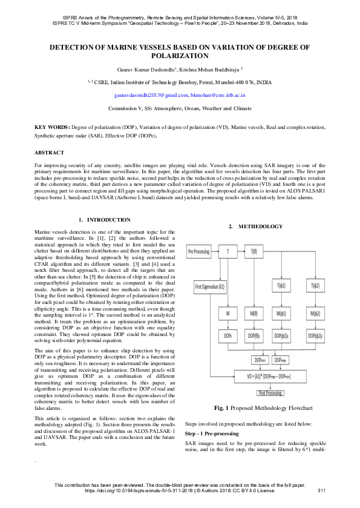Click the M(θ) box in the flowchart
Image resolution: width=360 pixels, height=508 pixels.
(253, 313)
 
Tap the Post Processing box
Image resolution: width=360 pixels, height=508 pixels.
(270, 393)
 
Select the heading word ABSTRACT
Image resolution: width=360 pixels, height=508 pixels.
(49, 153)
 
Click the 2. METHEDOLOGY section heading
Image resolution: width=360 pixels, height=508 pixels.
(255, 226)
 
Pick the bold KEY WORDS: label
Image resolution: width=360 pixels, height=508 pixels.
(52, 128)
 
